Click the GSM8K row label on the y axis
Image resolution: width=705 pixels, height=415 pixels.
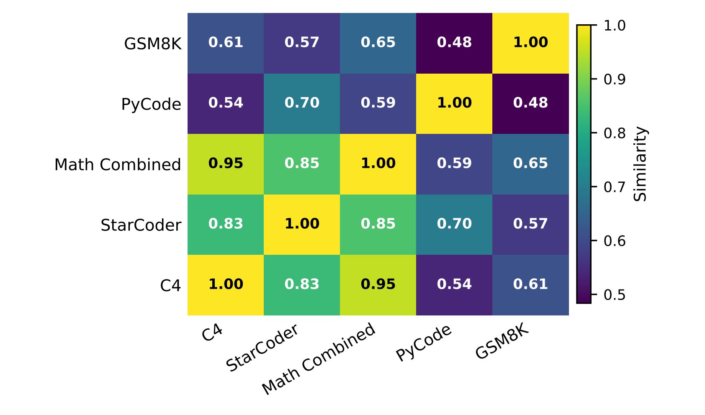(152, 44)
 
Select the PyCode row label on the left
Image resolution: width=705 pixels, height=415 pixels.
(151, 104)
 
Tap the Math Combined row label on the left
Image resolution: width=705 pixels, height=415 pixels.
(118, 165)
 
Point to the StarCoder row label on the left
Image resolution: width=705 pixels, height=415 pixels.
(141, 225)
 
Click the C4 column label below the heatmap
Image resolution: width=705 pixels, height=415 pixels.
(212, 333)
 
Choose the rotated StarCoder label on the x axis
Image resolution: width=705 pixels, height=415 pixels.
(262, 348)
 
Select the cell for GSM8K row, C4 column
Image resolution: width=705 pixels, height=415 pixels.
(226, 43)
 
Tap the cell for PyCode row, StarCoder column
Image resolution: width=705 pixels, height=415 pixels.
(302, 103)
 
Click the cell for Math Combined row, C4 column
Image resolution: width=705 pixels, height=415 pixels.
(226, 164)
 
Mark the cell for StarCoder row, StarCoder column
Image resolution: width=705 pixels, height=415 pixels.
(302, 224)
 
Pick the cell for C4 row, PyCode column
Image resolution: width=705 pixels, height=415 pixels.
(454, 284)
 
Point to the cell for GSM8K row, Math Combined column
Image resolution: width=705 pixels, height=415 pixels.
(378, 43)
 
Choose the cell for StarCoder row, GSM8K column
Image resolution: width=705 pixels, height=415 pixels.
(530, 224)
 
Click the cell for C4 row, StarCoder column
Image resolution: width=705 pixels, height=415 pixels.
(302, 284)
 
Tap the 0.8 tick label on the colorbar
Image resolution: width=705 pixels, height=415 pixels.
(614, 133)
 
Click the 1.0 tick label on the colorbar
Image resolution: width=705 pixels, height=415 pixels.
(614, 26)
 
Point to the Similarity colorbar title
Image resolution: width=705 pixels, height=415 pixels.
(640, 164)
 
